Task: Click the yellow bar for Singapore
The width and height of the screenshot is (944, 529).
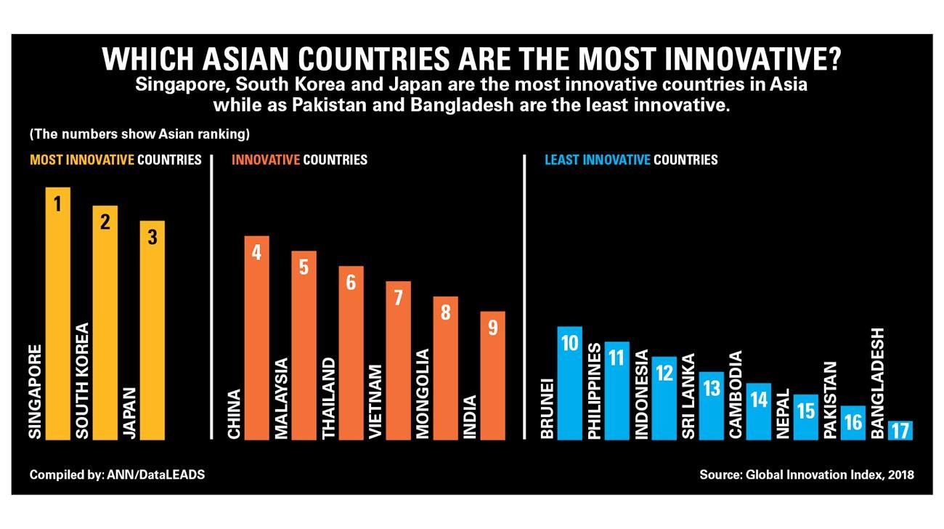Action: tap(57, 312)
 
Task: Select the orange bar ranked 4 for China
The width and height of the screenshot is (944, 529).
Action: tap(256, 338)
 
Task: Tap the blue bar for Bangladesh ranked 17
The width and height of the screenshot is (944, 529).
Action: tap(900, 430)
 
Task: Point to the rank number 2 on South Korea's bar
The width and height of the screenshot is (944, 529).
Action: tap(105, 222)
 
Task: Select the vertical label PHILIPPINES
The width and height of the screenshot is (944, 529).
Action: tap(594, 392)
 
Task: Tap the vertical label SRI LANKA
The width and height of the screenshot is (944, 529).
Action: tap(688, 396)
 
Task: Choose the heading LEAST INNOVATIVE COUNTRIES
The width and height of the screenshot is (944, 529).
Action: tap(630, 160)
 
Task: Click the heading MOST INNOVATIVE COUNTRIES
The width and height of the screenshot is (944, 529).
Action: tap(115, 160)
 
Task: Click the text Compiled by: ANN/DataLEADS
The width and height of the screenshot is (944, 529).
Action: tap(117, 475)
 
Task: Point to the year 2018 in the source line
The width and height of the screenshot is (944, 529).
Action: tap(899, 475)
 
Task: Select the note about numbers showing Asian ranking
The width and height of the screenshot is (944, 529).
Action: tap(139, 134)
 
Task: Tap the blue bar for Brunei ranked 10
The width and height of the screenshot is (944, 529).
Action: tap(569, 383)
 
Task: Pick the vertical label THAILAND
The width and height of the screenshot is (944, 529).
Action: tap(328, 397)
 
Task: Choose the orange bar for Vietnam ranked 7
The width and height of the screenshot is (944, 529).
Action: tap(398, 360)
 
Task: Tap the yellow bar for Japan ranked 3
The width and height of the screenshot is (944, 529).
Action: tap(152, 330)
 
